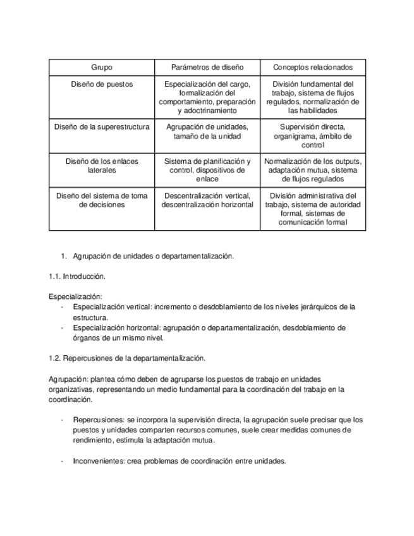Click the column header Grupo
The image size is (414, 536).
[x=102, y=67]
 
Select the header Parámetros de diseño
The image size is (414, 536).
[x=207, y=67]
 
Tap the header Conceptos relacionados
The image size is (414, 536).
[x=313, y=67]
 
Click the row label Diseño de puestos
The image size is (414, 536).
[x=102, y=84]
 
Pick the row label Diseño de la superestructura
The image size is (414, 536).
[x=102, y=126]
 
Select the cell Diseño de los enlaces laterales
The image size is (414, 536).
[x=102, y=166]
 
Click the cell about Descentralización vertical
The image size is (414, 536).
[x=207, y=200]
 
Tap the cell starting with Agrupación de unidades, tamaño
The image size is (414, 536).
[x=207, y=131]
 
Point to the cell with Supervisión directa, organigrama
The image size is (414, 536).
[x=313, y=135]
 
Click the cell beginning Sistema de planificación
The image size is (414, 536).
[x=207, y=170]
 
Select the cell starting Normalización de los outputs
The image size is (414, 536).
[x=313, y=170]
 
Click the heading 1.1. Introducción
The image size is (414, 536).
[x=77, y=276]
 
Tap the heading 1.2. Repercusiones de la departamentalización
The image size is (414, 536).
[x=127, y=358]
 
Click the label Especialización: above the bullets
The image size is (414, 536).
[x=75, y=296]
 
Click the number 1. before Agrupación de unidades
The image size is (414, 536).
[x=63, y=256]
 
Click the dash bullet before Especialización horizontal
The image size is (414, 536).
[x=62, y=328]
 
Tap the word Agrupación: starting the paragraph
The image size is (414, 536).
[x=69, y=379]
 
